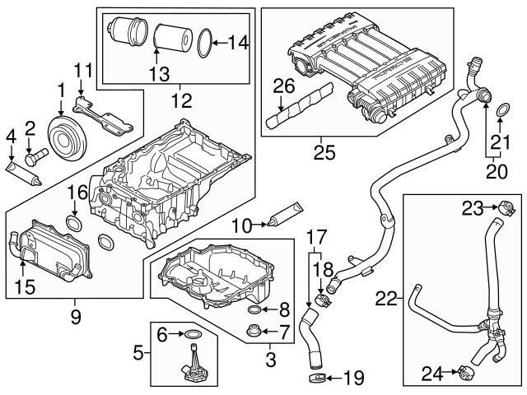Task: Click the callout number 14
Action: tap(236, 39)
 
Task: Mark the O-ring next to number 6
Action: tap(191, 334)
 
